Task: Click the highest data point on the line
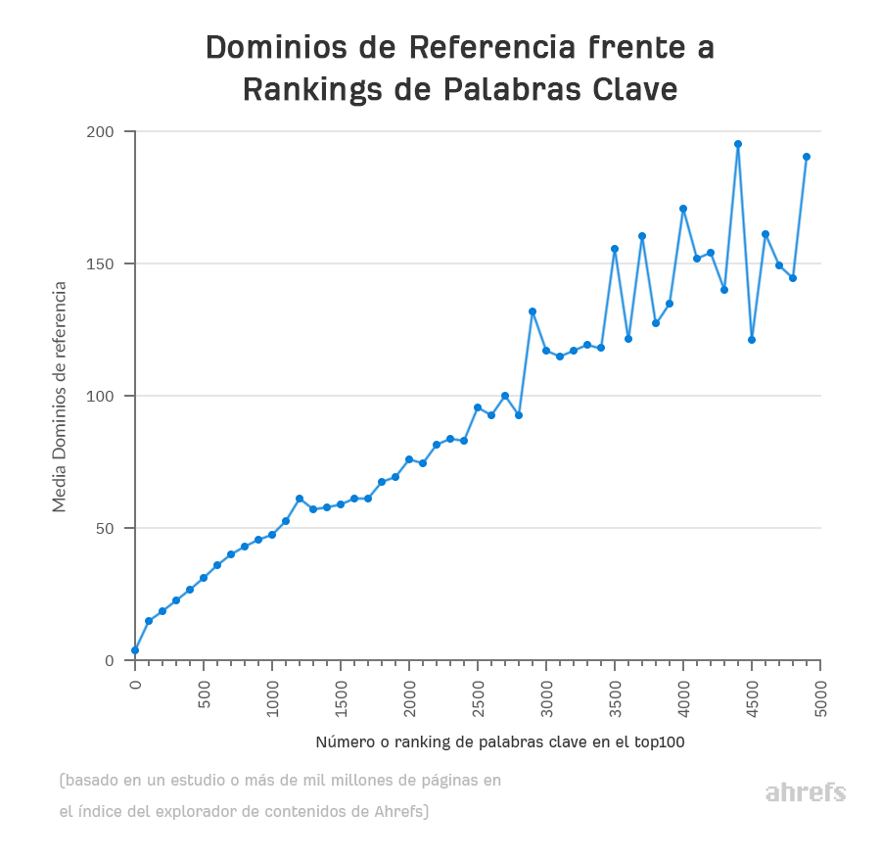pos(738,144)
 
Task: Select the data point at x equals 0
pos(135,650)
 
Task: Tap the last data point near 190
pos(807,157)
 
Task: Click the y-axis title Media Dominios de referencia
pos(60,397)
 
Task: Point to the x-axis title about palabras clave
pos(499,742)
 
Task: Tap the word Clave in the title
pos(635,89)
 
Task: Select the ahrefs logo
pos(805,792)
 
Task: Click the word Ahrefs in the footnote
pos(400,811)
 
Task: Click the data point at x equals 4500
pos(752,340)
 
